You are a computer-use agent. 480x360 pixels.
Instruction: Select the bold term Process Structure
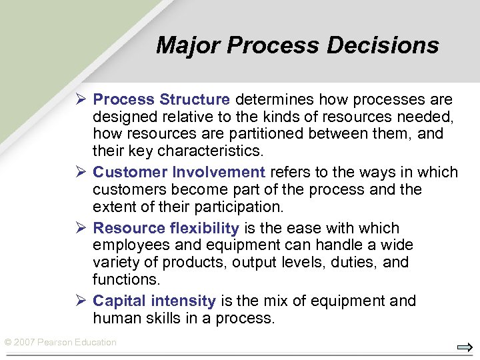coord(161,100)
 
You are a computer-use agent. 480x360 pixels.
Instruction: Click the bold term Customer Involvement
coord(179,173)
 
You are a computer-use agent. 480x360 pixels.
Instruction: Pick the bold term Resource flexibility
coord(166,228)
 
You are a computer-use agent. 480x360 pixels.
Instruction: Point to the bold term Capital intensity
coord(154,301)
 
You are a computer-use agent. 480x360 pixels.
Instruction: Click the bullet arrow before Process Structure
coord(80,100)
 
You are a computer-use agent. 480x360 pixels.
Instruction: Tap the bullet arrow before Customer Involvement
coord(80,173)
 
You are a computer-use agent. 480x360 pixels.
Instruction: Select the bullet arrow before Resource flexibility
coord(80,228)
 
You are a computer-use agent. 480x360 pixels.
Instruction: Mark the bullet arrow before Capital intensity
coord(80,301)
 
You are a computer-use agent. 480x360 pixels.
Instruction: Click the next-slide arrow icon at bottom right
coord(465,347)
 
